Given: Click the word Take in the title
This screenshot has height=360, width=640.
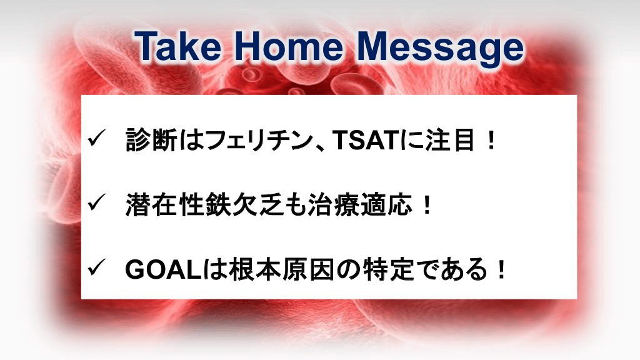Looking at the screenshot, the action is tap(178, 46).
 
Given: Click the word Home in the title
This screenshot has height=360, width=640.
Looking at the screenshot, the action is tap(288, 46).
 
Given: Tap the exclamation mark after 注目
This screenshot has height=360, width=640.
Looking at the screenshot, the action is tap(491, 140).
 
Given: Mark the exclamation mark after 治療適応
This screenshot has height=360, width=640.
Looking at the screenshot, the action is tap(427, 204).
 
